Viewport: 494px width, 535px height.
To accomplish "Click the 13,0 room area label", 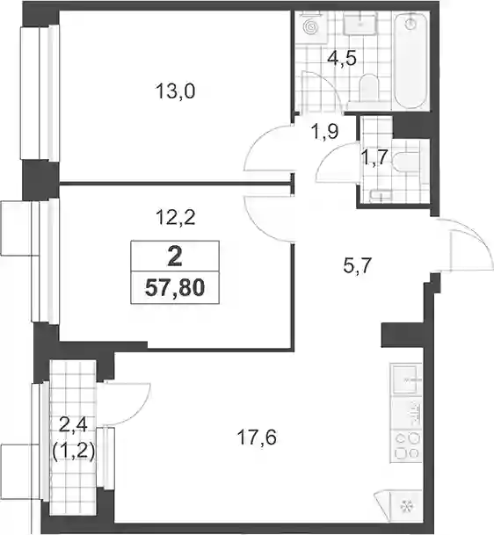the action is coord(175,91).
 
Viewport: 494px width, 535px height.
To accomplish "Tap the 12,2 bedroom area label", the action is coord(176,217).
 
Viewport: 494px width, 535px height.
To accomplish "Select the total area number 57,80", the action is coord(175,287).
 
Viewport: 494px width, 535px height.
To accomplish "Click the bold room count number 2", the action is coord(175,257).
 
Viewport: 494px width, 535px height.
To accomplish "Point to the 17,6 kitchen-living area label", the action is coord(257,437).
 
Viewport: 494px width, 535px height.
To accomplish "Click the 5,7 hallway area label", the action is coord(357,265).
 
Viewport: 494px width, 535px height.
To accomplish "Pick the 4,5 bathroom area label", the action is coord(342,58).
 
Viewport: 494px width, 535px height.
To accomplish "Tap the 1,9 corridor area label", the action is coord(324,131).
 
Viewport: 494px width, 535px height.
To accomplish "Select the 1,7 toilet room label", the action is coord(374,157).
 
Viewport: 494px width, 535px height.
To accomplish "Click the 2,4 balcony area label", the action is coord(74,425).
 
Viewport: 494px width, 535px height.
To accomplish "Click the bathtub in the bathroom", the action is coord(411,61).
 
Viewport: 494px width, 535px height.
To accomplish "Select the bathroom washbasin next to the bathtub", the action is coord(360,23).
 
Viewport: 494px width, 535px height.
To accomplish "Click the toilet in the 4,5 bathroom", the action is coord(368,90).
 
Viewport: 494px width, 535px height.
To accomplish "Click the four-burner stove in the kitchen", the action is coord(407,445).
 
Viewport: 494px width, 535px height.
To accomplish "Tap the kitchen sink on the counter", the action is coord(405,380).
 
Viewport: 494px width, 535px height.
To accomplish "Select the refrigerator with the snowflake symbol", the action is coord(406,506).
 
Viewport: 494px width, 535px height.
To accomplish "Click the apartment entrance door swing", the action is coord(472,245).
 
